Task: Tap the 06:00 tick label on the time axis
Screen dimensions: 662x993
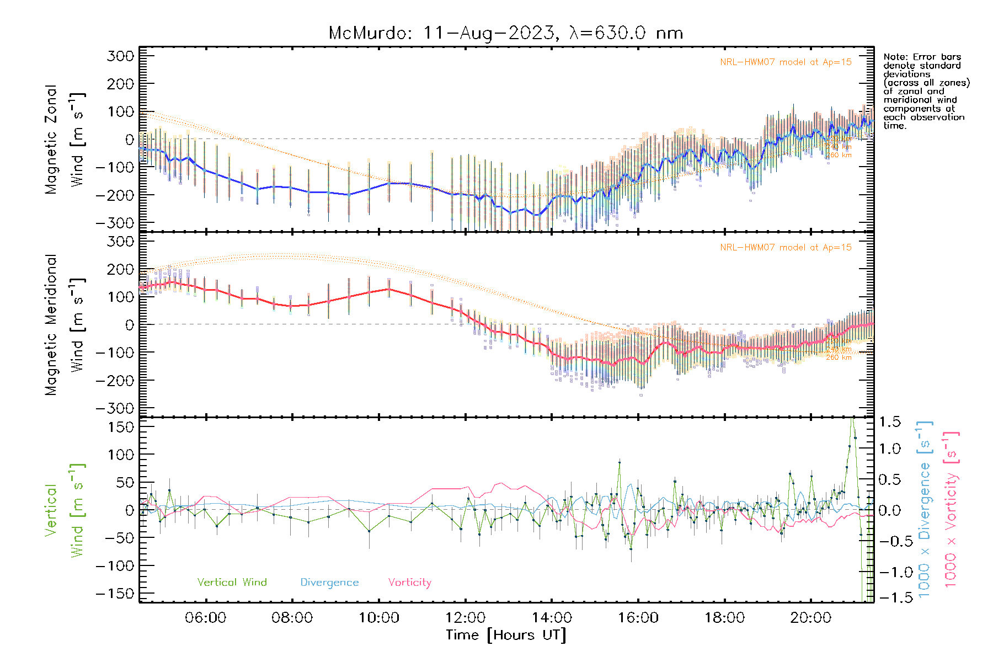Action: point(205,618)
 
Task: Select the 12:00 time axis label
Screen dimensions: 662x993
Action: point(465,618)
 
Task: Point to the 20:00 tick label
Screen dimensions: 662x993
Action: point(810,618)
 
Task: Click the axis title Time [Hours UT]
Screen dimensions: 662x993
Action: point(506,635)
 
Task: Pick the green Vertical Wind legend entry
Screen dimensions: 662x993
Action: point(232,583)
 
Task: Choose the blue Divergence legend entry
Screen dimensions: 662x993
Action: point(329,583)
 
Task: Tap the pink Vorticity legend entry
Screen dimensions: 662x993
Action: point(409,583)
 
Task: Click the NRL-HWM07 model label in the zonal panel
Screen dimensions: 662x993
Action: point(786,62)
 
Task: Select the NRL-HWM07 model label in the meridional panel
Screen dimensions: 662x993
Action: point(786,248)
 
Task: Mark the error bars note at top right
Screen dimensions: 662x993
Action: point(926,91)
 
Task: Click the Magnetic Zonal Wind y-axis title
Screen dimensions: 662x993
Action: point(64,139)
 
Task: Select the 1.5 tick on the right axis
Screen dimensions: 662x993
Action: point(889,422)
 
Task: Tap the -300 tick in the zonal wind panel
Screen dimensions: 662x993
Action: point(115,223)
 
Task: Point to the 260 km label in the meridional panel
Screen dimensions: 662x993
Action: point(839,357)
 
